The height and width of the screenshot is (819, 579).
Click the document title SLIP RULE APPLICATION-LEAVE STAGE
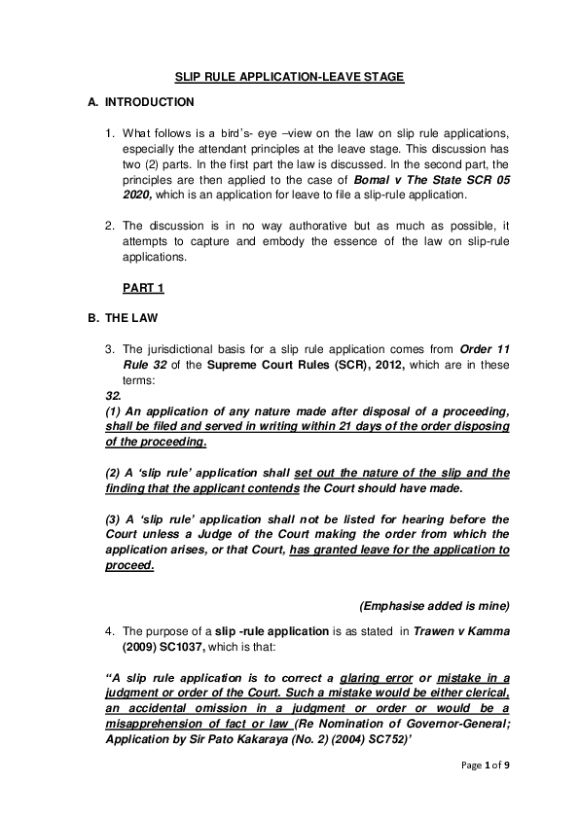pos(289,75)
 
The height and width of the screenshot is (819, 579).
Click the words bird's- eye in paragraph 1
pos(225,130)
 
